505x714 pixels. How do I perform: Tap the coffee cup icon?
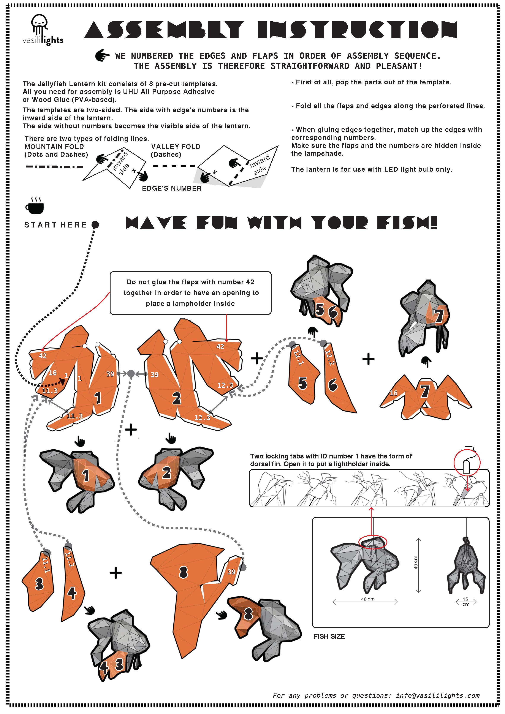click(35, 205)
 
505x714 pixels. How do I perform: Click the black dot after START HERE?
click(95, 224)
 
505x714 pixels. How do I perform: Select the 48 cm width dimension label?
click(368, 599)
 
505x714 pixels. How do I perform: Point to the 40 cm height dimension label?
click(415, 562)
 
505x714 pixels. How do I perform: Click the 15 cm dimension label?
click(465, 601)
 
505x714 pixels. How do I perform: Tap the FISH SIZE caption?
click(329, 636)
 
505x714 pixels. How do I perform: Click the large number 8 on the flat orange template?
click(184, 572)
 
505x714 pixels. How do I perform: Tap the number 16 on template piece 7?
click(394, 393)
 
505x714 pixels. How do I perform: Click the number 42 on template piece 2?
click(220, 346)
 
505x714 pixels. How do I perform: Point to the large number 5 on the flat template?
click(303, 383)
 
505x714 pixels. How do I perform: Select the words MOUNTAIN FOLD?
click(54, 147)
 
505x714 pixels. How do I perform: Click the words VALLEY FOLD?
click(176, 147)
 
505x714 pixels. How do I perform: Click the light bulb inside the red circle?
click(466, 467)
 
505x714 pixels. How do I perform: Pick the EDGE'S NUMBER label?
click(172, 188)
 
